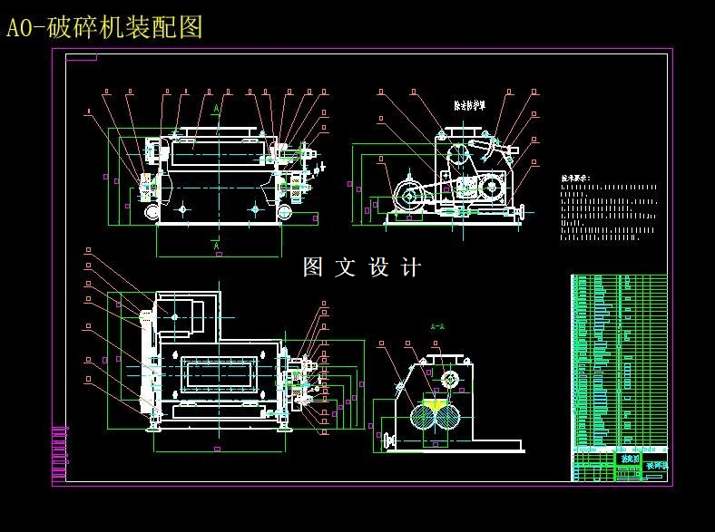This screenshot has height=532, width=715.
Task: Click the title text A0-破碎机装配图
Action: [104, 28]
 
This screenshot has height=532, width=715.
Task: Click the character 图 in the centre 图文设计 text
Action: [313, 267]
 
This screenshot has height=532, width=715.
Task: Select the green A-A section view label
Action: [436, 325]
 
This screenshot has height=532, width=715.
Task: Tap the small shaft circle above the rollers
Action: [449, 378]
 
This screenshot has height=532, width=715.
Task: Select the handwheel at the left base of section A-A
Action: [390, 441]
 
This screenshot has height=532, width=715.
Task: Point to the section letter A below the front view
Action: [216, 245]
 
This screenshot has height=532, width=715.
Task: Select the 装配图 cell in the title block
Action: [628, 459]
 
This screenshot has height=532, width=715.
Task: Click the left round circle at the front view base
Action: [152, 211]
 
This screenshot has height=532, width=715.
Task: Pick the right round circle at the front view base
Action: [285, 211]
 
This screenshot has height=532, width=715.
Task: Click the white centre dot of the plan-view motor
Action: [175, 316]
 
